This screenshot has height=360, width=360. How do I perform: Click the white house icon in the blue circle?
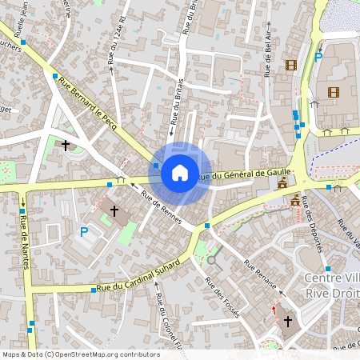click(180, 171)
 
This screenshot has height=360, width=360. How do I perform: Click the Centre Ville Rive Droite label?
click(333, 284)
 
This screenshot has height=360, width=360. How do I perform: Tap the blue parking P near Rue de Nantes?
click(84, 232)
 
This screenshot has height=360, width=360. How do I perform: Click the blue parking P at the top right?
click(318, 57)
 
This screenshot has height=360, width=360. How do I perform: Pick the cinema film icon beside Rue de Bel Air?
click(290, 65)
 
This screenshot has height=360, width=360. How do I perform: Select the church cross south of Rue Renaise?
click(288, 321)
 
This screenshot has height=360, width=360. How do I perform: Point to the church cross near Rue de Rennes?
click(114, 211)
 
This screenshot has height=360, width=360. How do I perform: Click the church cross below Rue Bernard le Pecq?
click(66, 146)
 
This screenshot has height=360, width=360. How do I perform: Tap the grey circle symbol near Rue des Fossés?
click(212, 259)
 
